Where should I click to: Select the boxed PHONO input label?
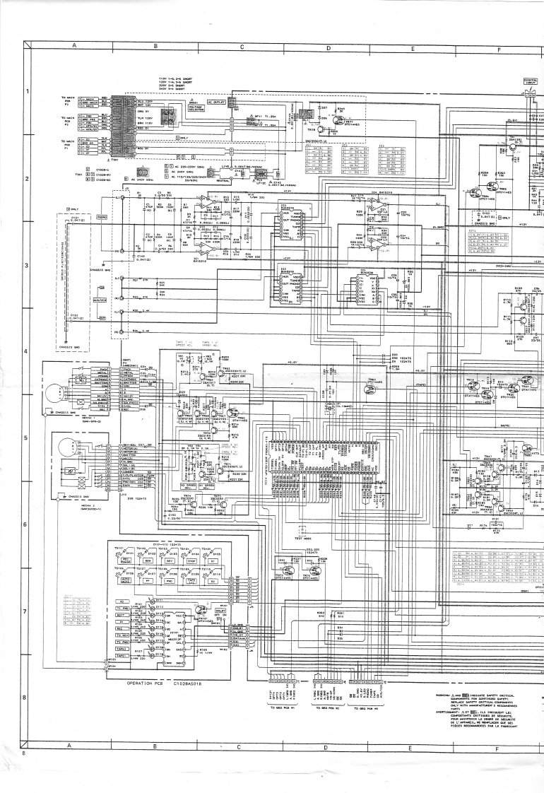click(x=102, y=218)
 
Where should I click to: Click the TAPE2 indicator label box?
click(x=121, y=648)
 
